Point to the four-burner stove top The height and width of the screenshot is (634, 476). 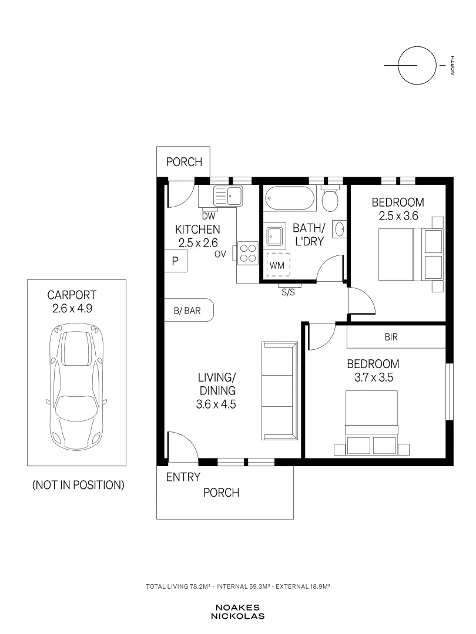[x=248, y=253]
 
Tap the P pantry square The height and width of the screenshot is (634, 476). [x=175, y=261]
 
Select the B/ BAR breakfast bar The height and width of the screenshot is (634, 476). [x=188, y=310]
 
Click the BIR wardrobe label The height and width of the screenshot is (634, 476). [x=391, y=337]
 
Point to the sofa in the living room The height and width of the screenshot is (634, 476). [x=280, y=390]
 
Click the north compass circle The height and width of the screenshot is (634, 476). [x=417, y=65]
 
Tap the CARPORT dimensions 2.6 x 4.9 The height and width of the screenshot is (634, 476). [x=72, y=309]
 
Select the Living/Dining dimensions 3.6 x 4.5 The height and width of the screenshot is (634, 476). [x=216, y=404]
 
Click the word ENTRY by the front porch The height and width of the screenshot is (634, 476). [x=183, y=477]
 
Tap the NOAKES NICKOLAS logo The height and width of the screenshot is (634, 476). [x=237, y=612]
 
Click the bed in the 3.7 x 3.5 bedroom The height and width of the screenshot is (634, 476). [x=371, y=422]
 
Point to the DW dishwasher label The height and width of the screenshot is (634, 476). [x=209, y=216]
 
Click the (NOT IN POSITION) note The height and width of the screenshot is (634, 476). [x=78, y=485]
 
